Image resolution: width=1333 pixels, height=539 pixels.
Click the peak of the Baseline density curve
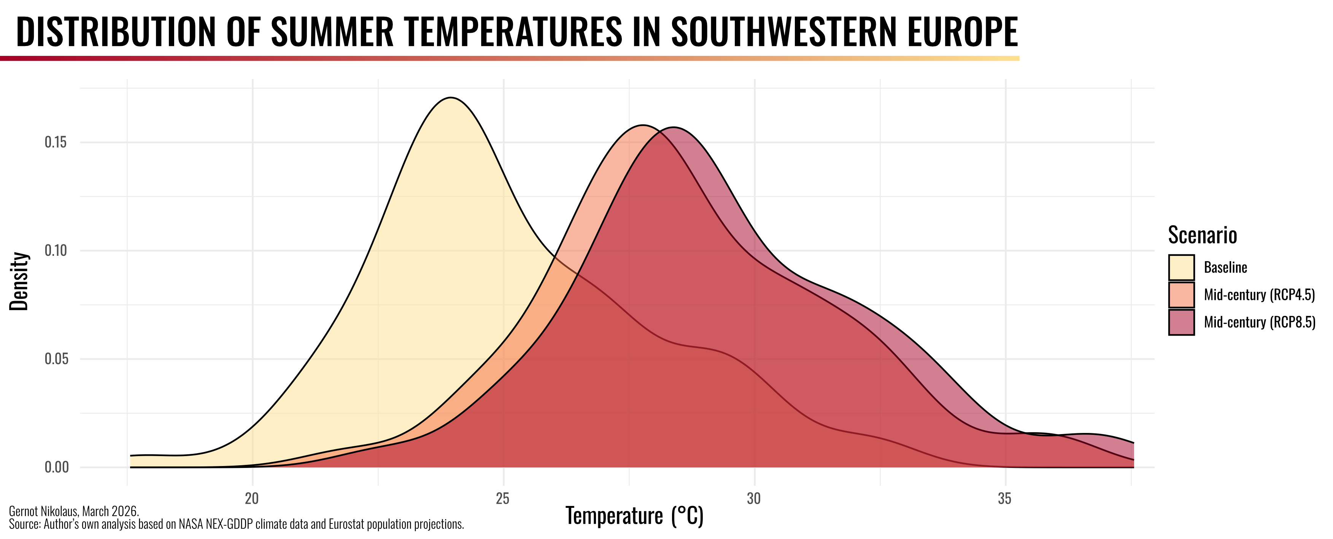(x=451, y=98)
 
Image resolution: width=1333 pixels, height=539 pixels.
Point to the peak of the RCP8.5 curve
(x=673, y=128)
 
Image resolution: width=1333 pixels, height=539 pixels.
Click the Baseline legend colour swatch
(x=1181, y=268)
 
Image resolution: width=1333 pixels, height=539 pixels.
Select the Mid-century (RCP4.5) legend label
(x=1259, y=295)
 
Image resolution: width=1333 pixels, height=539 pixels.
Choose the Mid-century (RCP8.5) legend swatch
(x=1181, y=322)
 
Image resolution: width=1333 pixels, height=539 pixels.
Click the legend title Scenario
(x=1202, y=235)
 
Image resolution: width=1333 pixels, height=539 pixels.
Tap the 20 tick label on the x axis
(x=252, y=499)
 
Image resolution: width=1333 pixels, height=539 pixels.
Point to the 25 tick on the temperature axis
(x=503, y=499)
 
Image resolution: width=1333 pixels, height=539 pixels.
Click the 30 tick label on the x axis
(x=754, y=499)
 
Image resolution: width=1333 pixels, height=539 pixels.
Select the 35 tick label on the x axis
(x=1005, y=499)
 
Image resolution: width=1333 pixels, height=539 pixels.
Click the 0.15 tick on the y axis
(x=56, y=142)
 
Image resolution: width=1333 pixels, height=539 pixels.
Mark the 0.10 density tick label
(x=56, y=251)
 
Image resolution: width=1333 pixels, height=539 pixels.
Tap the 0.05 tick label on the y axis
(x=56, y=359)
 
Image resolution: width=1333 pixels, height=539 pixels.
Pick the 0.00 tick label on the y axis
(x=56, y=467)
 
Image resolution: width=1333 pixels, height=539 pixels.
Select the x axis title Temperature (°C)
(x=634, y=516)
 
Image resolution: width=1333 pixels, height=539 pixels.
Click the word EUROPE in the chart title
(x=963, y=32)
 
